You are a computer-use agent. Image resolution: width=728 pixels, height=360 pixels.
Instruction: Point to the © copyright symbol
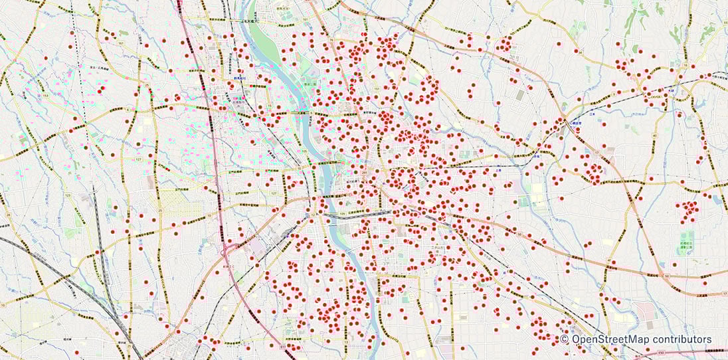coord(564,339)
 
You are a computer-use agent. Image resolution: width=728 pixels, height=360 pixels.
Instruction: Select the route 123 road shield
coord(68,195)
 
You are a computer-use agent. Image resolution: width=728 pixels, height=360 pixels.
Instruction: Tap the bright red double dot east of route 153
coord(101,90)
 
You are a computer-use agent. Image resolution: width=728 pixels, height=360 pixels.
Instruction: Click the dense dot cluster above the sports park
coord(688,211)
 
